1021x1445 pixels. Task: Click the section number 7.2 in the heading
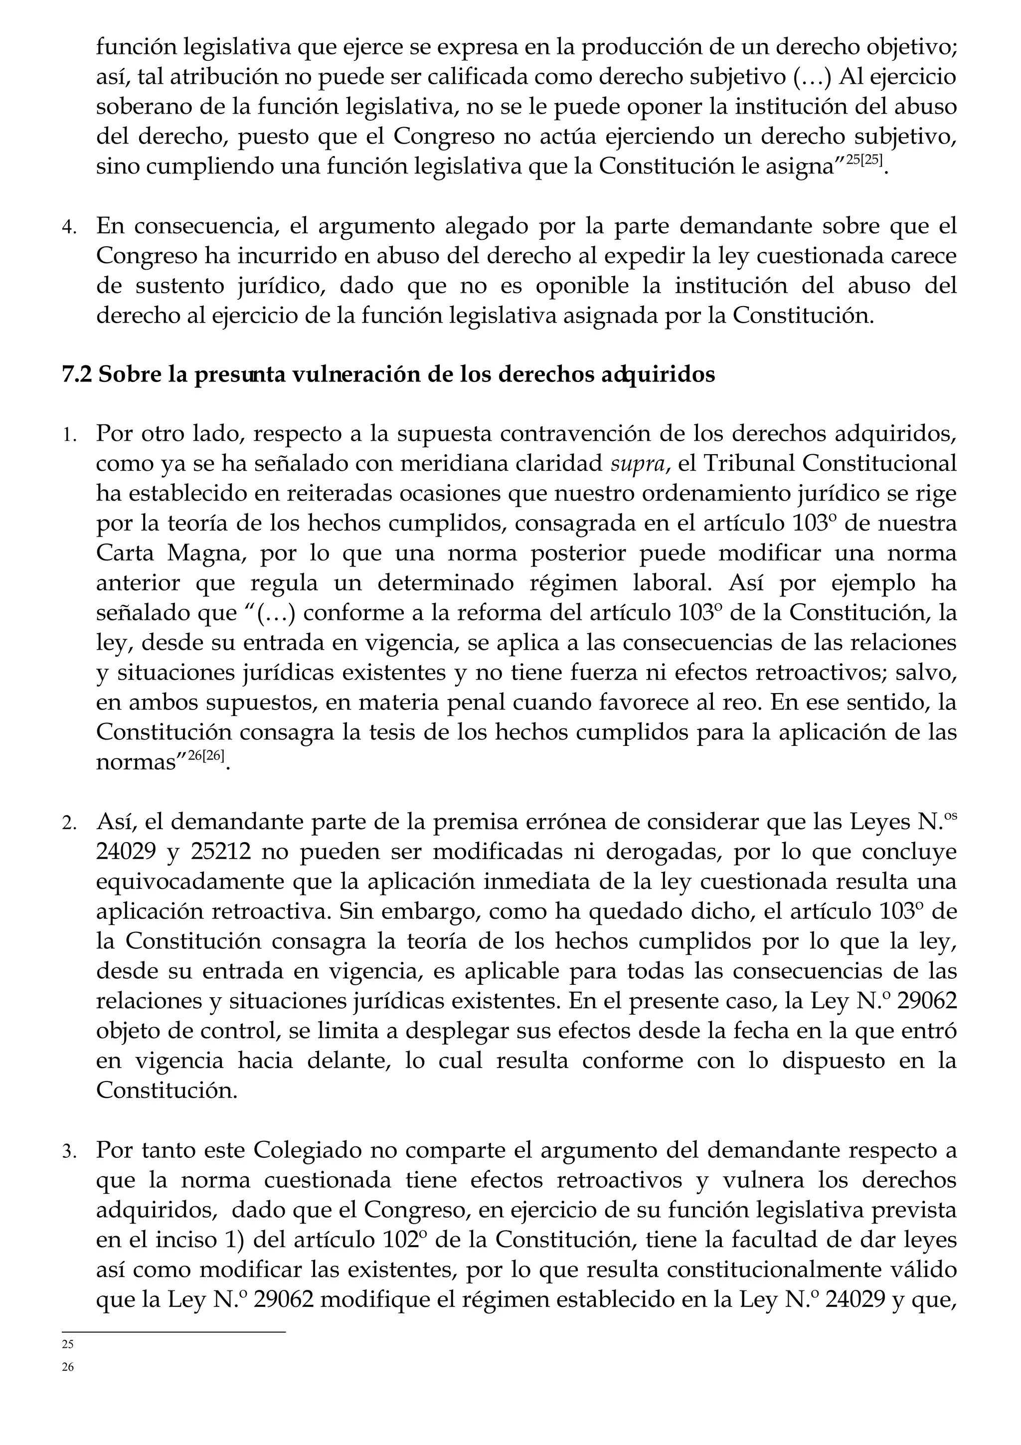click(77, 374)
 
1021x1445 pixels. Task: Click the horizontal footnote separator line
click(173, 1332)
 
